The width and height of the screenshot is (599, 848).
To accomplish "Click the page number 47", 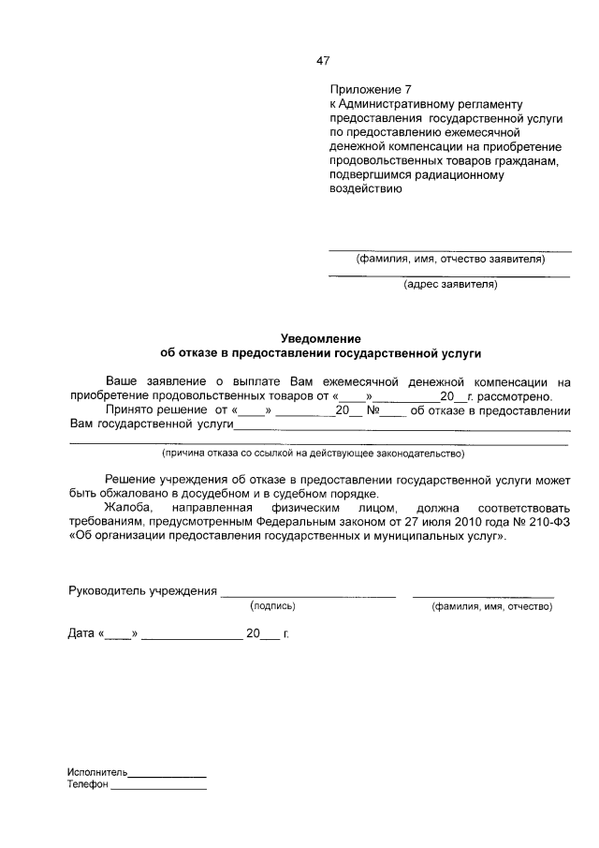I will pyautogui.click(x=322, y=61).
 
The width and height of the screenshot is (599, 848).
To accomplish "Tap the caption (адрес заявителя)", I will pyautogui.click(x=449, y=283).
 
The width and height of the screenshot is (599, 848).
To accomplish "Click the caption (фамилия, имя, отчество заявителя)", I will pyautogui.click(x=449, y=260).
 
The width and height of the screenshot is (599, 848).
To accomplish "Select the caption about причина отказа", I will pyautogui.click(x=314, y=454).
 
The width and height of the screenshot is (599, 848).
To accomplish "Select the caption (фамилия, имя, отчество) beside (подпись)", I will pyautogui.click(x=491, y=607).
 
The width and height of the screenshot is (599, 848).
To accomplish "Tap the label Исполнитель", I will pyautogui.click(x=96, y=772).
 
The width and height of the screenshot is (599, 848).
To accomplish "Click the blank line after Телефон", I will pyautogui.click(x=158, y=789).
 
